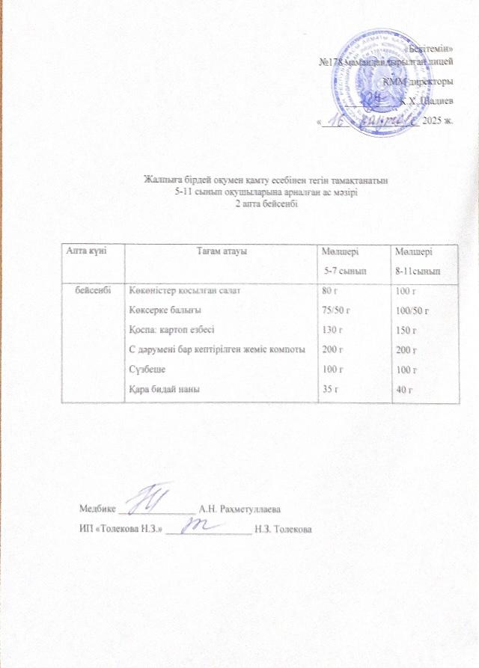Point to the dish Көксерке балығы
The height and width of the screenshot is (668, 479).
(x=165, y=309)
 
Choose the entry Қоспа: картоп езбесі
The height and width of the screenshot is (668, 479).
(x=174, y=328)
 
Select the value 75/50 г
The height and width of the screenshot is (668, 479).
(x=336, y=309)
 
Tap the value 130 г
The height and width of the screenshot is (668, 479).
(x=330, y=328)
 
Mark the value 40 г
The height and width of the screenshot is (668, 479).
(x=405, y=387)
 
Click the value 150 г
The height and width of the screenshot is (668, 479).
(x=407, y=329)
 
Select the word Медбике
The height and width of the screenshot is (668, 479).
(x=98, y=509)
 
